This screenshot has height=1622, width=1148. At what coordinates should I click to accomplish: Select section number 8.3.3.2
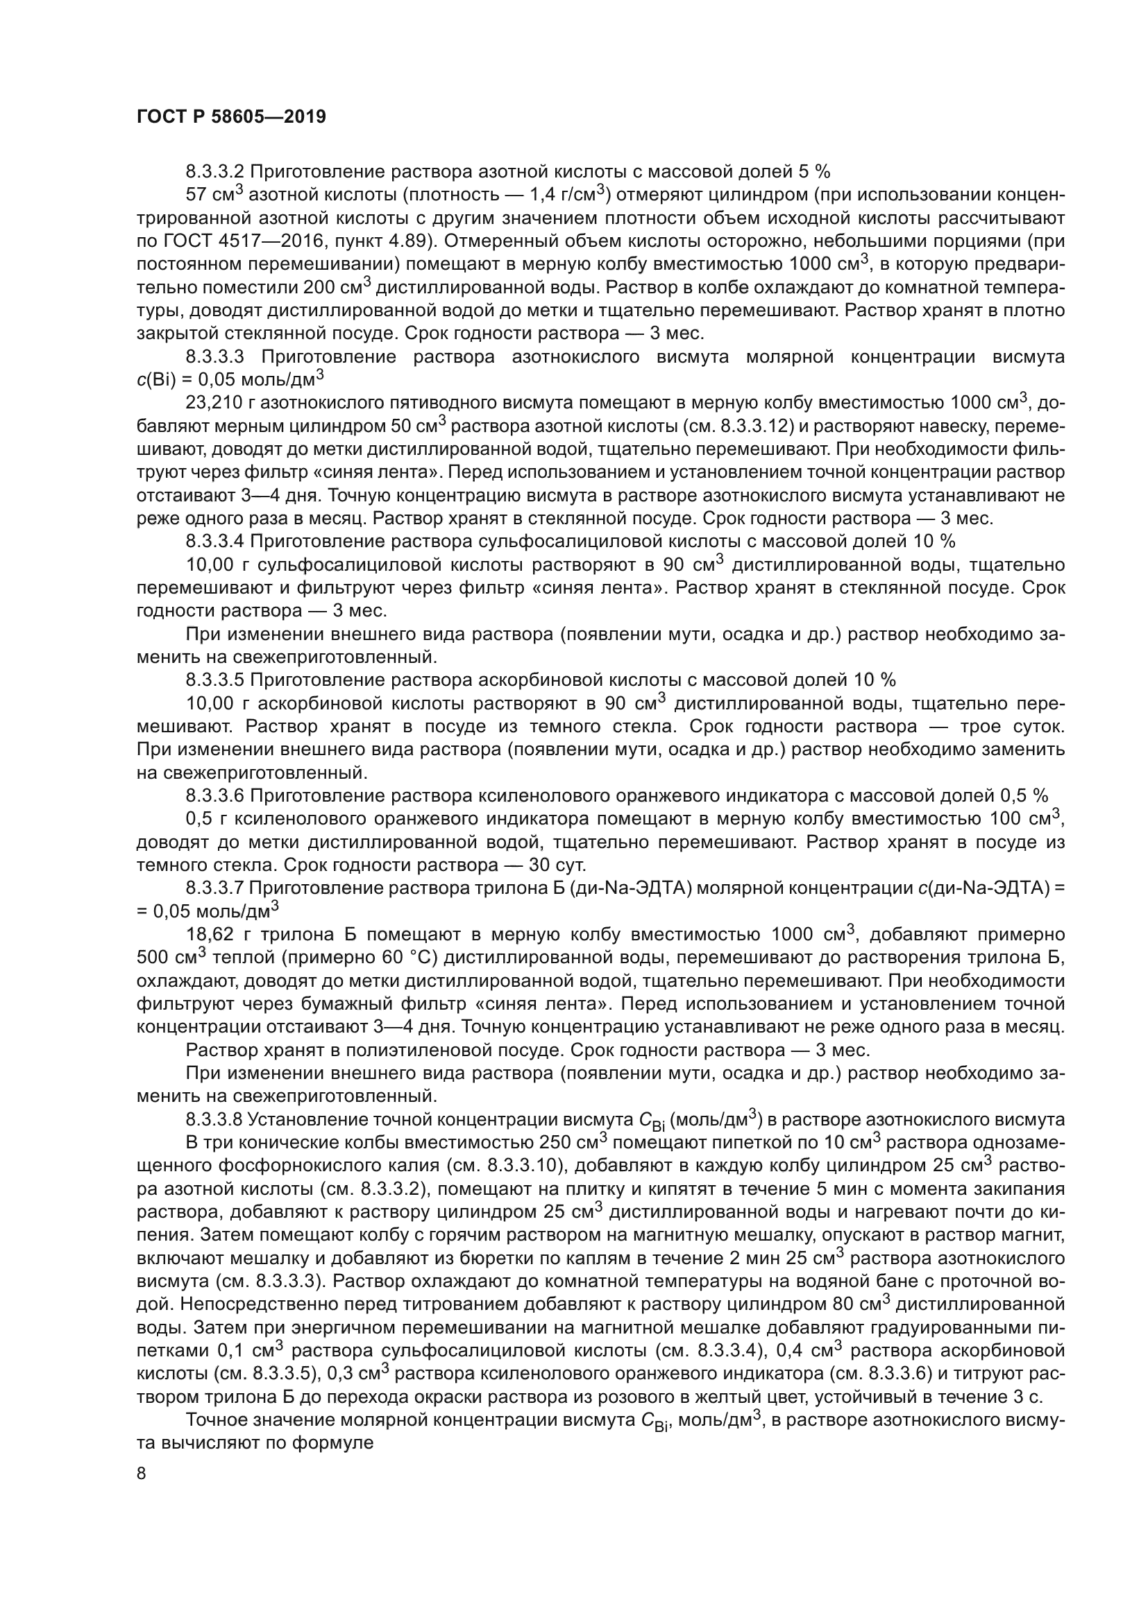click(x=215, y=172)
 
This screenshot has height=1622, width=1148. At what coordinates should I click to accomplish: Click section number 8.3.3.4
click(x=215, y=542)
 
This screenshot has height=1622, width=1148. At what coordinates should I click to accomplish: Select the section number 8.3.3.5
click(x=215, y=680)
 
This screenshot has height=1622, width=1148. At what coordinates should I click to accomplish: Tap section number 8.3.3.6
click(x=215, y=796)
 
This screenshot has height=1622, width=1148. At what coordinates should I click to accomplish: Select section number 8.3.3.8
click(x=215, y=1120)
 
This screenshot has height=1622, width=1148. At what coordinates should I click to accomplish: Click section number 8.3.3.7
click(x=215, y=889)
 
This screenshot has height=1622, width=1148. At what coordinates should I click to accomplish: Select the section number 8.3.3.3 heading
click(x=215, y=356)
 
